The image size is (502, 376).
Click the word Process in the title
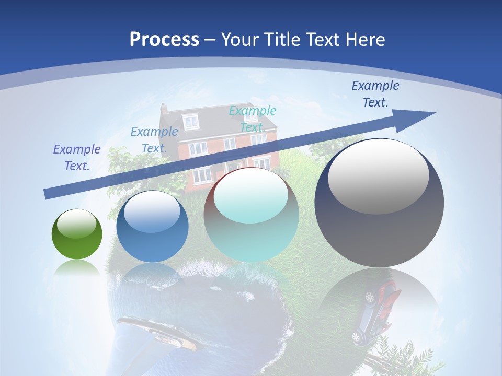point(164,39)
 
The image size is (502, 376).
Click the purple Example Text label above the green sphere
point(77,157)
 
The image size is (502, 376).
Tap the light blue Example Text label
point(154,139)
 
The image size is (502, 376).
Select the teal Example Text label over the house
point(253,119)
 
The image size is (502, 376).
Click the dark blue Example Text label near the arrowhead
point(375,94)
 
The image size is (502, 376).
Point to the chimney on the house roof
point(164,109)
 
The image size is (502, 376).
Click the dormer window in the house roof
point(191,122)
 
